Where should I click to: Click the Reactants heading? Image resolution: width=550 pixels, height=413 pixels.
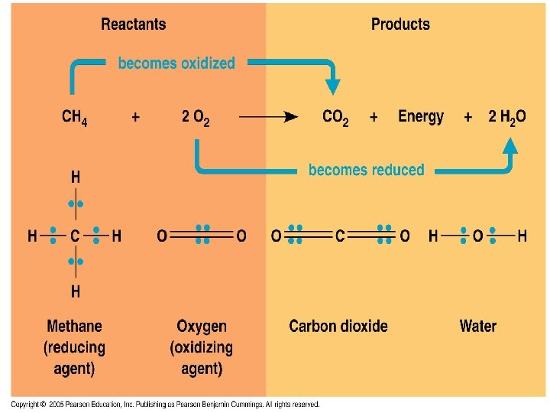pos(133,24)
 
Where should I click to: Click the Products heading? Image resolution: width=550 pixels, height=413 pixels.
pos(400,24)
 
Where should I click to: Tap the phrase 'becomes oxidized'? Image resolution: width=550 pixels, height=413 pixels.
pos(176,64)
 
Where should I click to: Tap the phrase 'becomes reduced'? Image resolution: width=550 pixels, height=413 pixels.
pos(366,170)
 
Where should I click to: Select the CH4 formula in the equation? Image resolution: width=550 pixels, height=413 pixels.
pos(74,118)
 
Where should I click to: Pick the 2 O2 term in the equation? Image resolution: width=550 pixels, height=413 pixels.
pos(196,118)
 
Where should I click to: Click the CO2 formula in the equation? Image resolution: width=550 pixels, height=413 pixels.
pos(335,118)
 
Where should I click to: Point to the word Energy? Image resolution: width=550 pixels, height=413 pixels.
pos(421,117)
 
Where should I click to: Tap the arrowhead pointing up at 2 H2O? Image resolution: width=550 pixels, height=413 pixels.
pos(510,145)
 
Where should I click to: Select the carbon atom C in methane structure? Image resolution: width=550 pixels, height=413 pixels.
pos(75,236)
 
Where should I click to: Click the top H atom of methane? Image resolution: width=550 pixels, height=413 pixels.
pos(75,177)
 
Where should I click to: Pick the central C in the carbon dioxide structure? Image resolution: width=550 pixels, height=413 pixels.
pos(340,236)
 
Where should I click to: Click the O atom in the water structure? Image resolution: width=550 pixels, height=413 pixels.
pos(477,236)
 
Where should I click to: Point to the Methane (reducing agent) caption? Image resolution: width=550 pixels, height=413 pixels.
pos(74,347)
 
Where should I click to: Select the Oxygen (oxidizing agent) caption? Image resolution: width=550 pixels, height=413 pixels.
pos(201,347)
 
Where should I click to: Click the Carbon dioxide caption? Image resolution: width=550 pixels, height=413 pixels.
pos(338,327)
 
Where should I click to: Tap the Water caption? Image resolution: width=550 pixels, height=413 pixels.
pos(477,327)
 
